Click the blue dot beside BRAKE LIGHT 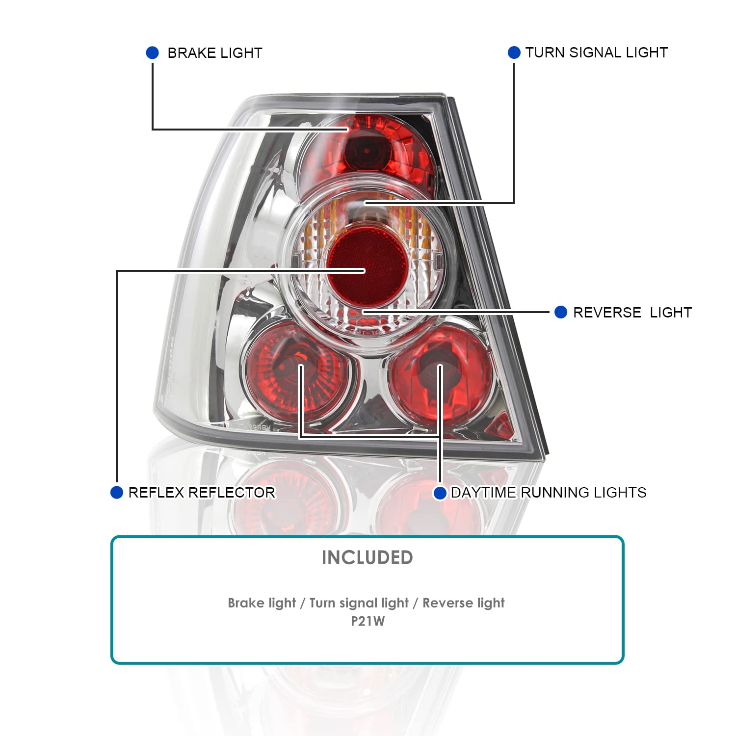coord(153,53)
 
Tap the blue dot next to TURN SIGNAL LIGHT coord(514,53)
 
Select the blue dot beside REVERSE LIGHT coord(561,312)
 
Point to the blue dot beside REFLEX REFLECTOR coord(117,492)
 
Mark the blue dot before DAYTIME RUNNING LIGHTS coord(440,493)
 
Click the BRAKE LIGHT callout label coord(215,53)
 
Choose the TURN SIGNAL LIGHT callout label coord(596,53)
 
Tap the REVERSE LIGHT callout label coord(632,313)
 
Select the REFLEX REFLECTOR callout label coord(201,493)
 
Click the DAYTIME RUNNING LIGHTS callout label coord(548,493)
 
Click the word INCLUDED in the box coord(367,557)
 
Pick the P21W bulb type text coord(368,621)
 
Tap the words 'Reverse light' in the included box coord(463,603)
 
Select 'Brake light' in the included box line coord(262,603)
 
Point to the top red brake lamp coord(366,150)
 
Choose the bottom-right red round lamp coord(439,375)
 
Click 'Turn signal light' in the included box coord(359,603)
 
